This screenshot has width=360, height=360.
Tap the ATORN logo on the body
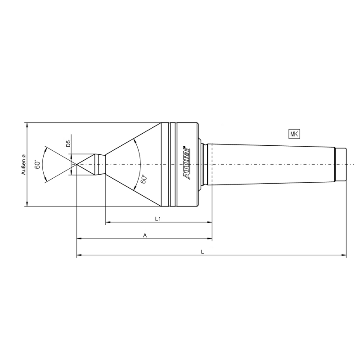tap(188, 165)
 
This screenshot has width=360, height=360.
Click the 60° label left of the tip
tap(39, 164)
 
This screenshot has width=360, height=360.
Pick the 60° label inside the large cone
tap(144, 179)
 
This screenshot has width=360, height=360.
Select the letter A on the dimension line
tap(144, 235)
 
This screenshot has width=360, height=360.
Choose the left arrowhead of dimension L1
tap(108, 222)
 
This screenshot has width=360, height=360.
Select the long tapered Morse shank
tap(270, 164)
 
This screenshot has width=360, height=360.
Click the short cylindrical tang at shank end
tap(341, 164)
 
